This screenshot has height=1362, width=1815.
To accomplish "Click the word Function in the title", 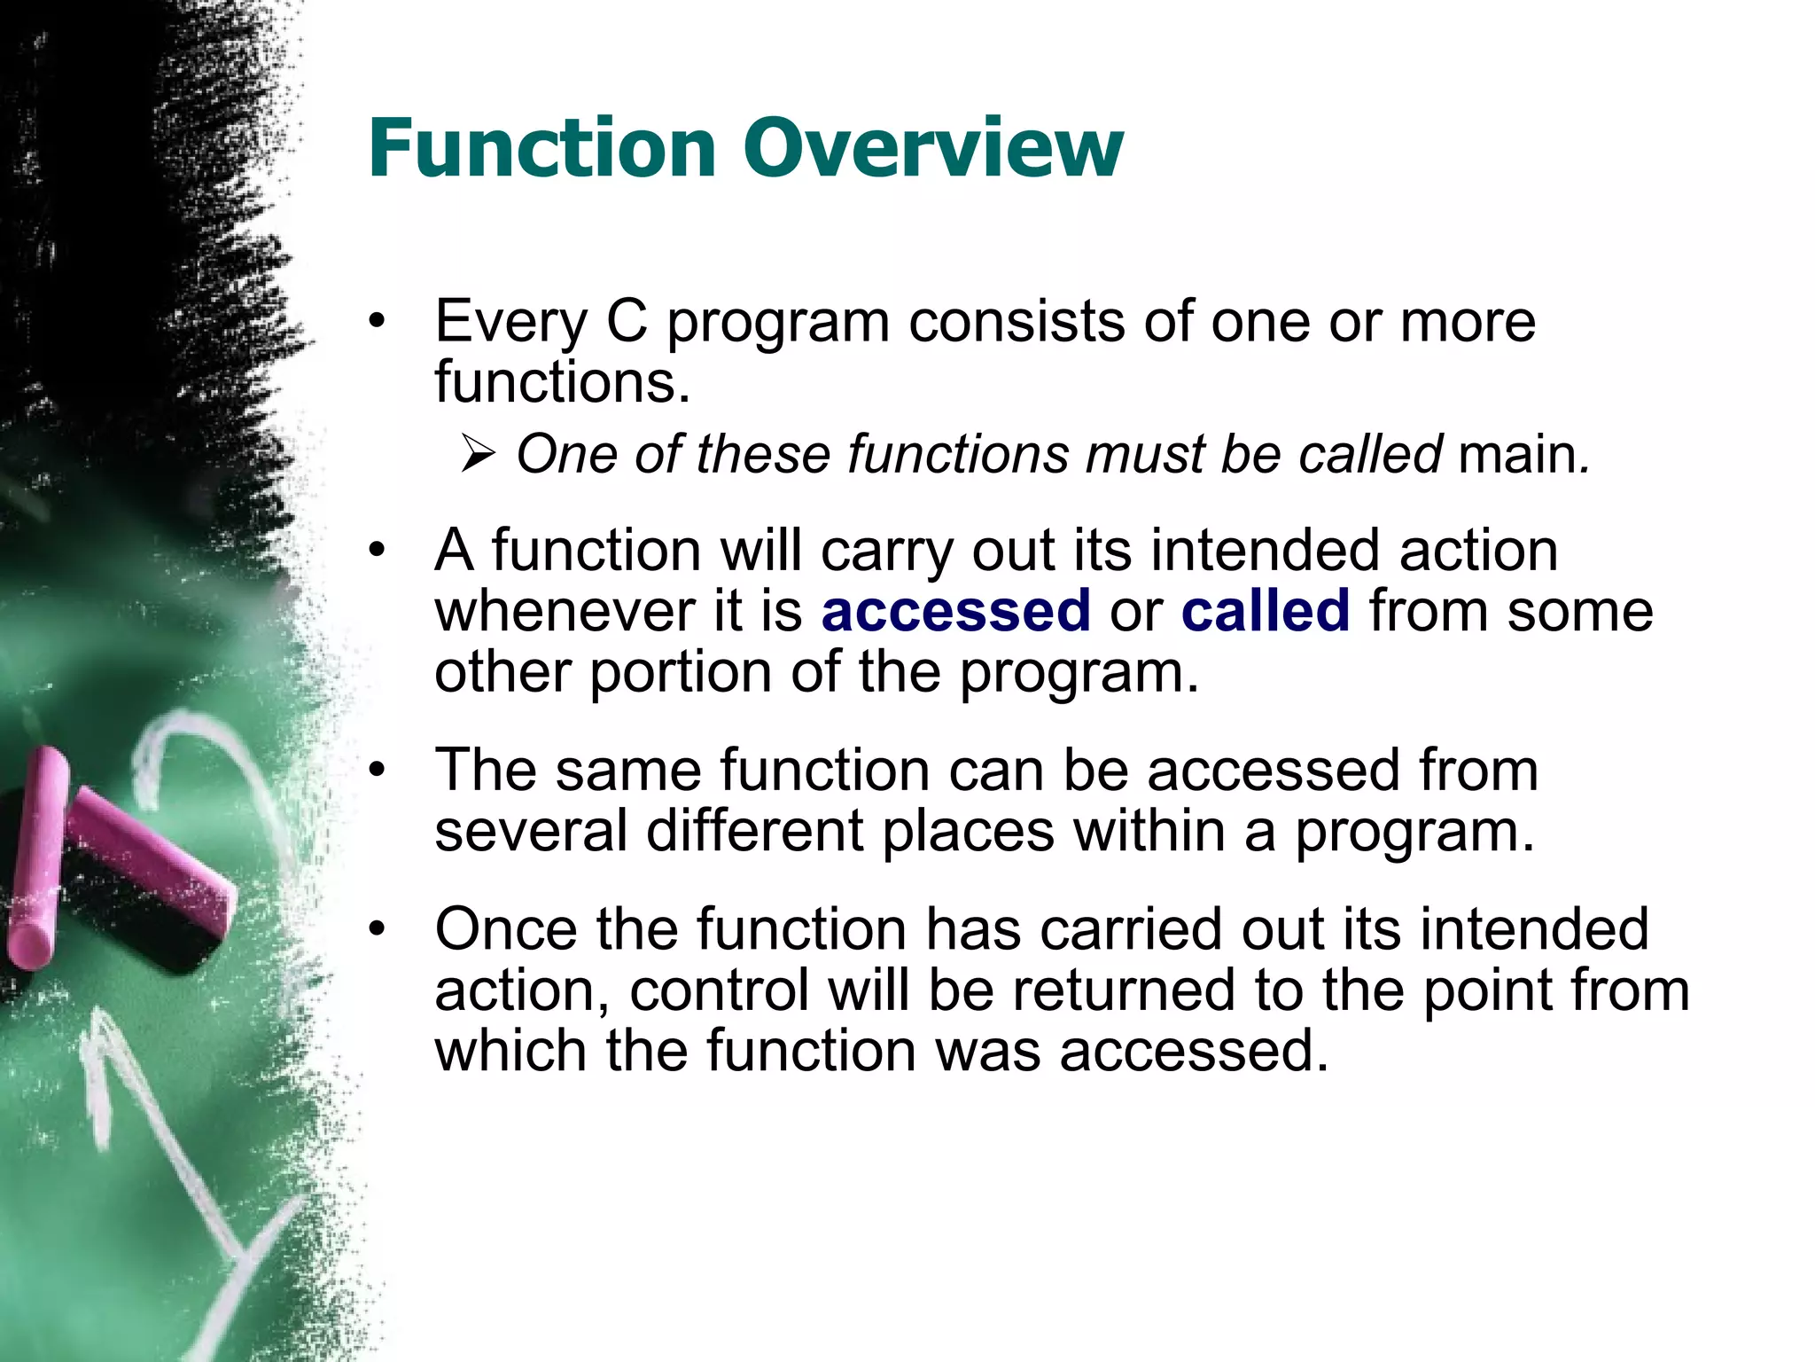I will tap(541, 148).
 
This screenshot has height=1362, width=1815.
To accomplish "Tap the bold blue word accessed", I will tap(955, 611).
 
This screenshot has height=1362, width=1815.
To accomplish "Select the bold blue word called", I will tap(1266, 611).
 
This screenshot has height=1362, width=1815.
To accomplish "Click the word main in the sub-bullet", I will tap(1516, 455).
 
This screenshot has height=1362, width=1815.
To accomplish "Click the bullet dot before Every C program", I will tap(378, 323).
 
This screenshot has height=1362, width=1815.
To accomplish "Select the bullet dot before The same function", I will tap(378, 771).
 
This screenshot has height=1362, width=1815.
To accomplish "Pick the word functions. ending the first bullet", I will tap(562, 383).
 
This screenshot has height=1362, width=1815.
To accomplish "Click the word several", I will tap(530, 832).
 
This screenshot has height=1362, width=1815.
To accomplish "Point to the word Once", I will tap(505, 929).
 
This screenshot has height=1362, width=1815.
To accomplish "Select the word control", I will tap(719, 990).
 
